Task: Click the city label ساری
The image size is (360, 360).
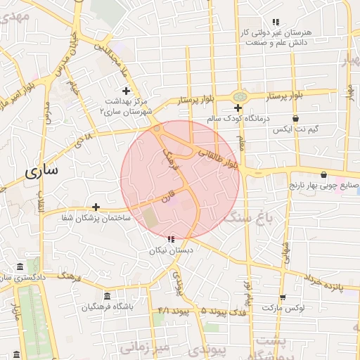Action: (x=42, y=172)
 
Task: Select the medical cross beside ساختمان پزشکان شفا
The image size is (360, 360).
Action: (x=96, y=207)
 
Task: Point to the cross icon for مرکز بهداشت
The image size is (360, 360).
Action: (x=127, y=91)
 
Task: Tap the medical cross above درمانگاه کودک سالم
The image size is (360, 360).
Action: (x=238, y=108)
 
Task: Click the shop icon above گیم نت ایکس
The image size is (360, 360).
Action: (x=296, y=119)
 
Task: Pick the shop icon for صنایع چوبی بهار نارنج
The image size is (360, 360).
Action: (x=323, y=174)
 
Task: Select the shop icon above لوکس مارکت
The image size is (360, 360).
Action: (x=282, y=297)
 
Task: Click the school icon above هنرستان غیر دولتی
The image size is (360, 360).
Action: (x=276, y=22)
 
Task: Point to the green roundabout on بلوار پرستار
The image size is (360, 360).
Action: (x=240, y=96)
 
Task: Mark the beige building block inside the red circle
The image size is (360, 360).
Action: (x=151, y=218)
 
